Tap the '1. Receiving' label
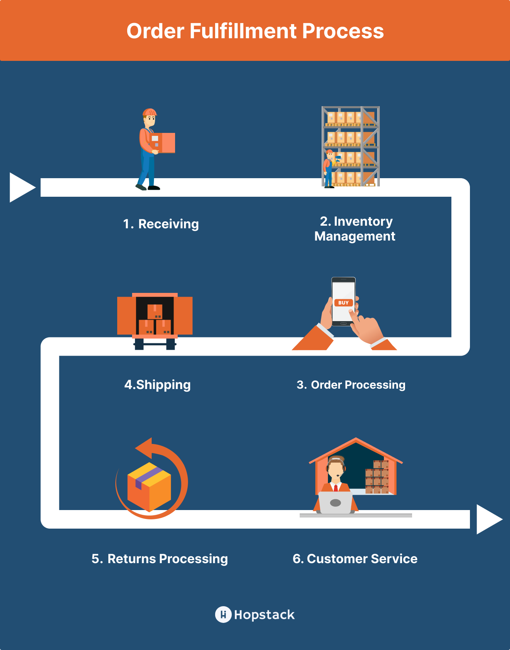[161, 224]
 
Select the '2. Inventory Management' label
[355, 229]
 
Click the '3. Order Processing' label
[351, 385]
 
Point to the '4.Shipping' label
[158, 385]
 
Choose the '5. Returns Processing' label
[159, 559]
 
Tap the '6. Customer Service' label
[355, 559]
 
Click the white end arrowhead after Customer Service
[488, 519]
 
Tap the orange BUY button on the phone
[343, 303]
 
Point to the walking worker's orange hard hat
[149, 112]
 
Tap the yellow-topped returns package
[149, 487]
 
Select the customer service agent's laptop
[336, 503]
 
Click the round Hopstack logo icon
[223, 615]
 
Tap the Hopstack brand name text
[264, 615]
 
